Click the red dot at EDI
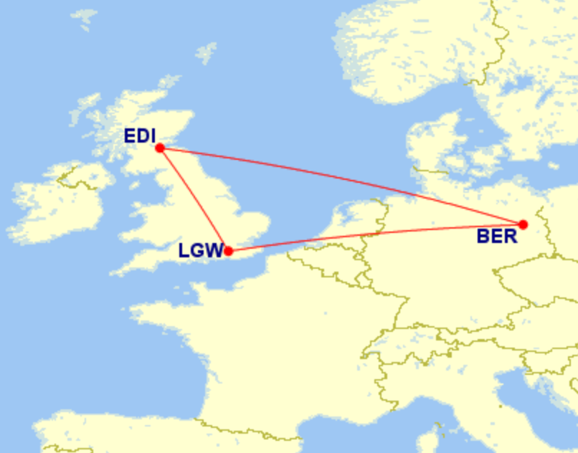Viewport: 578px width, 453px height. tap(160, 148)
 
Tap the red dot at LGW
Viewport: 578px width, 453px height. tap(228, 251)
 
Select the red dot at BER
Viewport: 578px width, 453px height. tap(523, 224)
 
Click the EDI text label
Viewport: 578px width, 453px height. tap(139, 136)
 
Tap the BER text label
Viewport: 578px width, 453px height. tap(496, 237)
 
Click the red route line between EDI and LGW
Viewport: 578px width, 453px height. tap(194, 199)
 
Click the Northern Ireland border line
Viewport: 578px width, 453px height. tap(75, 183)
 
